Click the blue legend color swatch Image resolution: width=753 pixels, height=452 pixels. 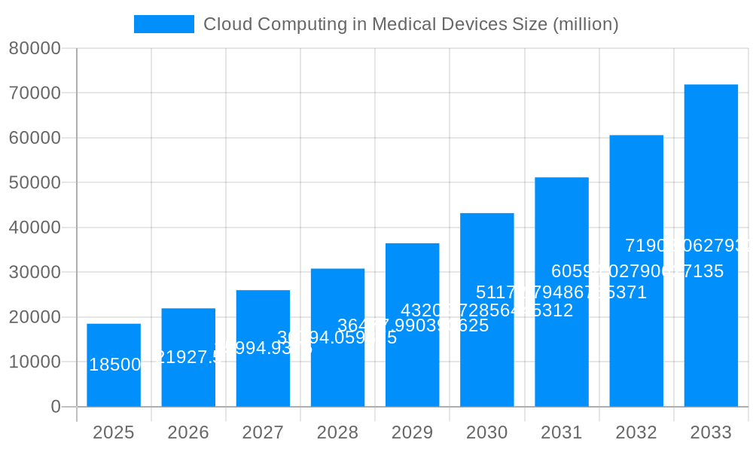164,24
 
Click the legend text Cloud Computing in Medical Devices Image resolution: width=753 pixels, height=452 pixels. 410,24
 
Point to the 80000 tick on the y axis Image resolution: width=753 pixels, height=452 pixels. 35,48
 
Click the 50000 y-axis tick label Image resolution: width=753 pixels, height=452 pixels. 35,182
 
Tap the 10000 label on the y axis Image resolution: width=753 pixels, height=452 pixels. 35,362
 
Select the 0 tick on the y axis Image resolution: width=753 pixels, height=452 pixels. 56,407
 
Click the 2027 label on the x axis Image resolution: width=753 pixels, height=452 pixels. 263,432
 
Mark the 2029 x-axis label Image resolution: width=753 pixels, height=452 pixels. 412,432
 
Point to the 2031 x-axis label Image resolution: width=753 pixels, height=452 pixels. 562,432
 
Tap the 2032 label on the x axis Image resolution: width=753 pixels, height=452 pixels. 636,432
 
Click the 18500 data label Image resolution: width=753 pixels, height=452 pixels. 115,365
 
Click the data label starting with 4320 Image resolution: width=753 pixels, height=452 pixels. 486,310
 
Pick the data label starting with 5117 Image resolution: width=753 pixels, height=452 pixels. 561,292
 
